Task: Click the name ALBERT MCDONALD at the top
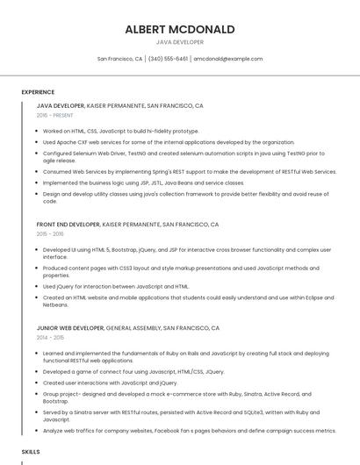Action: pyautogui.click(x=180, y=29)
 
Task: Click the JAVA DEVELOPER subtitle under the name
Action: pyautogui.click(x=180, y=42)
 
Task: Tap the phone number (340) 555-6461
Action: pyautogui.click(x=168, y=59)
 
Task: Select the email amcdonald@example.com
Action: pyautogui.click(x=228, y=59)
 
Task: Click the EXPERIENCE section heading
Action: pyautogui.click(x=38, y=92)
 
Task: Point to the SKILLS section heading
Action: pyautogui.click(x=31, y=451)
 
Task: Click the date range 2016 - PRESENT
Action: pyautogui.click(x=54, y=115)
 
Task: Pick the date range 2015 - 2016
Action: pyautogui.click(x=50, y=234)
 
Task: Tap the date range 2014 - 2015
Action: pyautogui.click(x=50, y=337)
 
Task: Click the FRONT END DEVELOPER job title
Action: pyautogui.click(x=68, y=225)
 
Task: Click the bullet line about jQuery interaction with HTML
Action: pyautogui.click(x=116, y=286)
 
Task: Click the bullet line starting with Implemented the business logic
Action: pyautogui.click(x=143, y=183)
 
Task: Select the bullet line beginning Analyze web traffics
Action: pyautogui.click(x=189, y=431)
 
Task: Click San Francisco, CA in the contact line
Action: pyautogui.click(x=119, y=59)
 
